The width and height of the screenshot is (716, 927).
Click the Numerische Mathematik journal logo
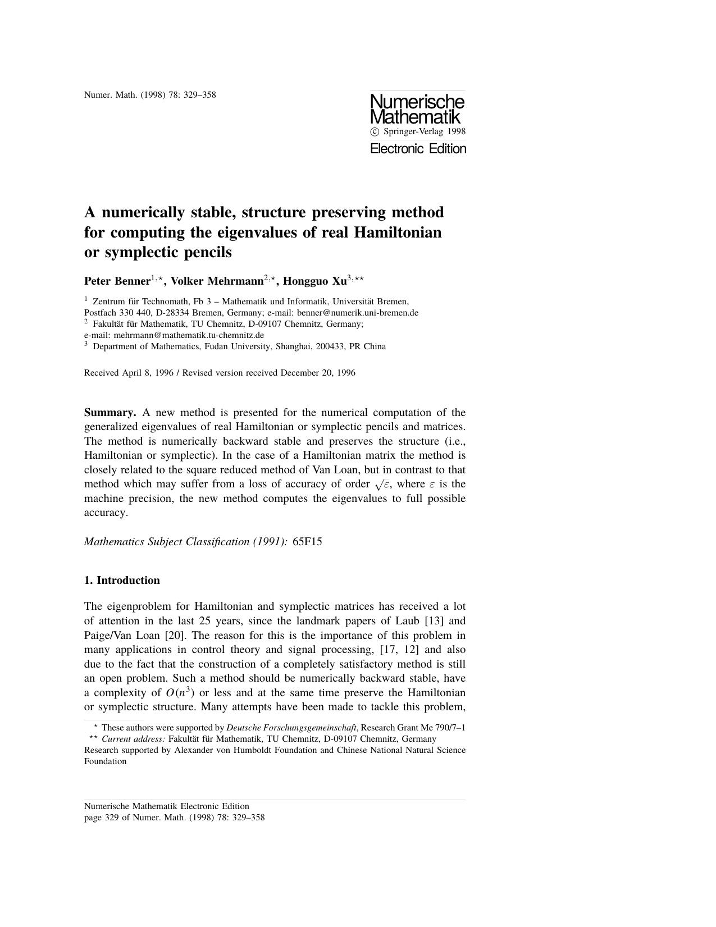coord(417,109)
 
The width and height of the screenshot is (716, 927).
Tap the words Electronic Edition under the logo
coord(418,149)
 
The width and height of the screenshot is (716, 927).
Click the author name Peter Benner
coord(117,281)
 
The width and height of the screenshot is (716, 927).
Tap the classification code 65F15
coord(307,542)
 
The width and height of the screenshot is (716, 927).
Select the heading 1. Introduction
coord(122,581)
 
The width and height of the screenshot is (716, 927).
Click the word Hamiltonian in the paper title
coord(398,232)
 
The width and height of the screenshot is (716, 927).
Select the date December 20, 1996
coord(318,373)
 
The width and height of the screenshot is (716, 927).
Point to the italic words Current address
coord(133,739)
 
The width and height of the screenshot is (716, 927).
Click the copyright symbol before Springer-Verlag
coord(375,131)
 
